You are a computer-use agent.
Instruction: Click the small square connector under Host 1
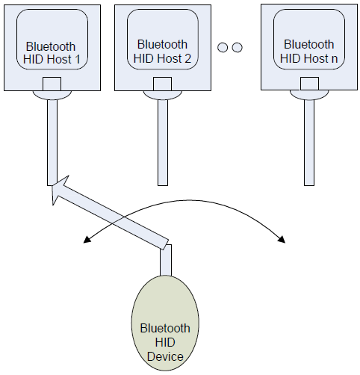(52, 85)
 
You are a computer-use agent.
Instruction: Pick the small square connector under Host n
(308, 84)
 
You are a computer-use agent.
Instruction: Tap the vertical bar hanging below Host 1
(52, 142)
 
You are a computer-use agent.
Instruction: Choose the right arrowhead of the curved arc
(282, 239)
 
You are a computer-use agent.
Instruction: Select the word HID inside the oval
(165, 342)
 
